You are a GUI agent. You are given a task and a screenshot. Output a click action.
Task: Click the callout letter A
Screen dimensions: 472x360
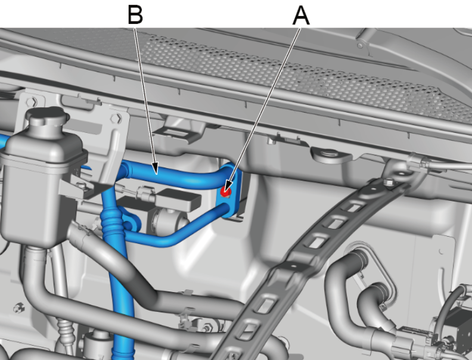[x=301, y=15]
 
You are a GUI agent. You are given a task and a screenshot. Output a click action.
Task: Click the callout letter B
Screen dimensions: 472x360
[x=135, y=14]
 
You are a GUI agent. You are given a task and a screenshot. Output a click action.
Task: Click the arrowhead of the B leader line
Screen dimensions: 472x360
[x=156, y=169]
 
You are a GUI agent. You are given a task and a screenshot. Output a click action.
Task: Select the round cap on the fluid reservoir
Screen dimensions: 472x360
[x=46, y=116]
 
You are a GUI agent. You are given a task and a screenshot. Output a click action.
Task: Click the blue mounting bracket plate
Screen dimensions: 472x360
[x=232, y=190]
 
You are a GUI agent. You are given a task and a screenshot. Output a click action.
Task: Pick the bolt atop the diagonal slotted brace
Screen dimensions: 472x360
[x=389, y=182]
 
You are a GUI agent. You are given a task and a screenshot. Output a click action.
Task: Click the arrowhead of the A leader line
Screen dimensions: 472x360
[x=228, y=186]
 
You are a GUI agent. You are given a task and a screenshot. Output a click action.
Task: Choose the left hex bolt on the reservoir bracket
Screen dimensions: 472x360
[x=32, y=102]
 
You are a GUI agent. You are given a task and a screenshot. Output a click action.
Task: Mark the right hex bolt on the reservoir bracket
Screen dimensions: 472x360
[x=116, y=117]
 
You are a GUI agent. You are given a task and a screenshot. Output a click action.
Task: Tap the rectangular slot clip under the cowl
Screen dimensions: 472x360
[x=178, y=132]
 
